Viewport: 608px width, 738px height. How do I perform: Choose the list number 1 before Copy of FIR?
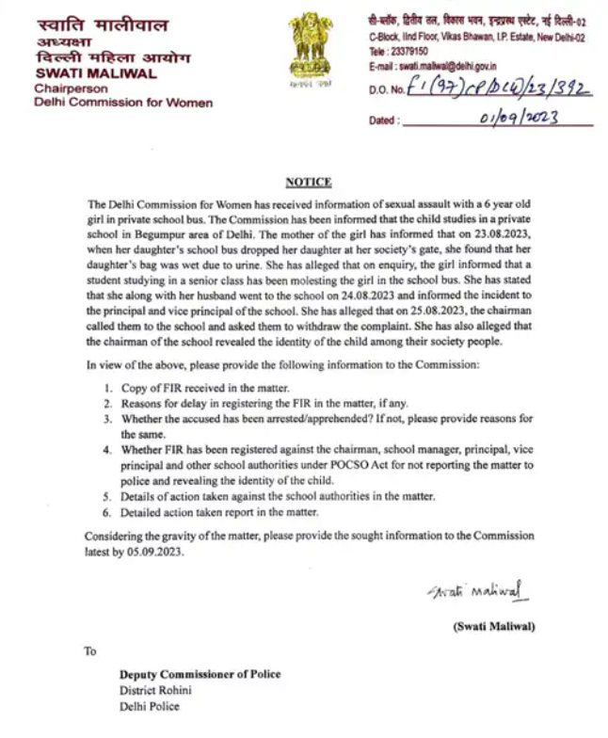(108, 388)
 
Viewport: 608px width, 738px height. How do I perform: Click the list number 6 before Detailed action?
(108, 512)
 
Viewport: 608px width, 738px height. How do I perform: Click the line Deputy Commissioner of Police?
(200, 674)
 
